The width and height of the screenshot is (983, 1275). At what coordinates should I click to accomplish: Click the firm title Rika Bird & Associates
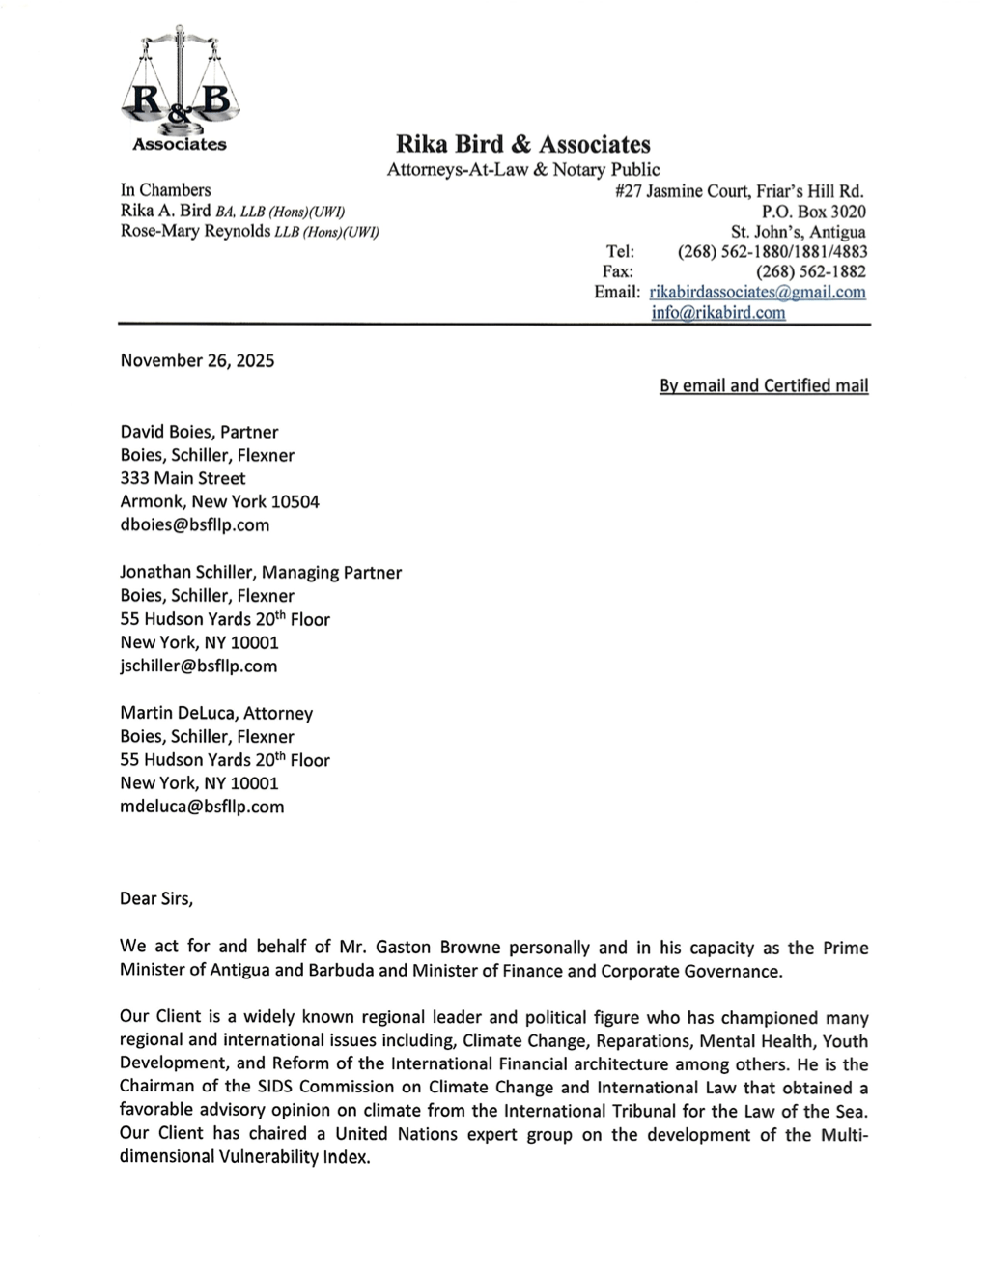(522, 145)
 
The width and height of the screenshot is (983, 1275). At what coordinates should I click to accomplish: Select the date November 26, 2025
(197, 361)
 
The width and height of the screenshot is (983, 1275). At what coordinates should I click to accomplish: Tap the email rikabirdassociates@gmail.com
(757, 292)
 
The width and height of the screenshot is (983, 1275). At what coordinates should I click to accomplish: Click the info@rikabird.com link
(717, 313)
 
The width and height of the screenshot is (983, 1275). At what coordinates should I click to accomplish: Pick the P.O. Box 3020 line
(813, 212)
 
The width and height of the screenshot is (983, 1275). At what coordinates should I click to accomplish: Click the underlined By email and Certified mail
(763, 386)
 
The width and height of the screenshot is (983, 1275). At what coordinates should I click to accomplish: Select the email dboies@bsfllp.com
(194, 525)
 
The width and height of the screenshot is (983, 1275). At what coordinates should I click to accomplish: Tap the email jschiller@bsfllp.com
(198, 666)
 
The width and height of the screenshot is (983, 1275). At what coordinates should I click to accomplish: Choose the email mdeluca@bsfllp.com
(202, 807)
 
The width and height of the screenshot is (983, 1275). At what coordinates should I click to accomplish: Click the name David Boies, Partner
(199, 432)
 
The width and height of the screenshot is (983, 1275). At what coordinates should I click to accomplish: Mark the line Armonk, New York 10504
(219, 502)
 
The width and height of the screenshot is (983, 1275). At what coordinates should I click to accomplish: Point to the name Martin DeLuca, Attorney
(216, 714)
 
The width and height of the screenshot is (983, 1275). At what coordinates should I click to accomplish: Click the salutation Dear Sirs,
(156, 898)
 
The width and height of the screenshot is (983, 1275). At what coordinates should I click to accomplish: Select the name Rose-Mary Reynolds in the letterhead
(195, 232)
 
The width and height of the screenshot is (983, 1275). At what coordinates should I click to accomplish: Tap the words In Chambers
(165, 190)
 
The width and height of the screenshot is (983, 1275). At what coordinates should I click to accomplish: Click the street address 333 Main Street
(183, 478)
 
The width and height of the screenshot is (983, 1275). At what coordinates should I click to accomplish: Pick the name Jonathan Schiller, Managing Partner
(261, 573)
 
